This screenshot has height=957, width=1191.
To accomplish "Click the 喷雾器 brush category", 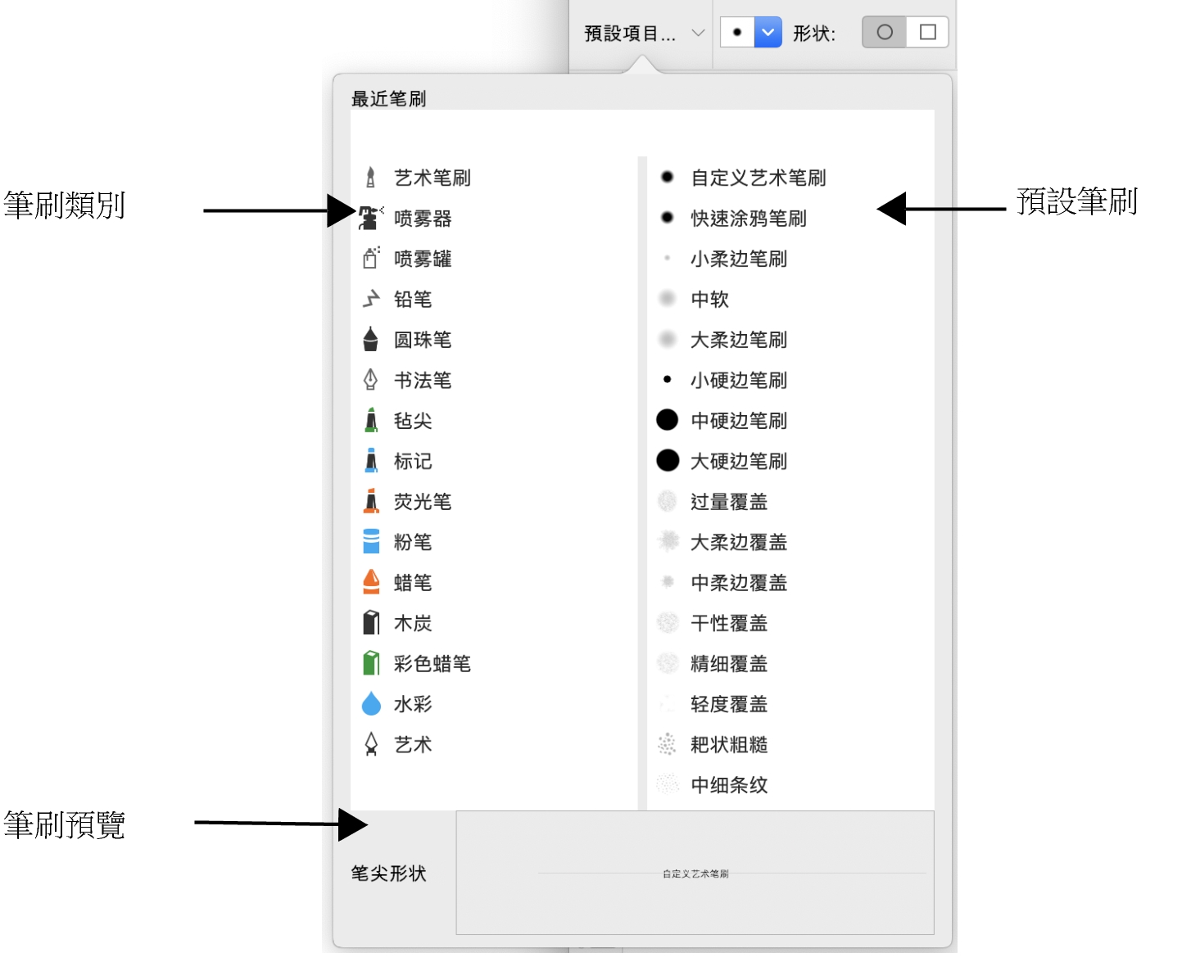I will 422,219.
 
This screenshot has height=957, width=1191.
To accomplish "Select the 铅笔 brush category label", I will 413,300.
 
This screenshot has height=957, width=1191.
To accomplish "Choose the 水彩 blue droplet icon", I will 371,704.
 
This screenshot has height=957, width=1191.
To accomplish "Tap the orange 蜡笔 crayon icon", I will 371,582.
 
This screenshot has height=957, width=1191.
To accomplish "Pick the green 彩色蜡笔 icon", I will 371,663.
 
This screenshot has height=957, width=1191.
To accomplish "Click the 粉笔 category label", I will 413,542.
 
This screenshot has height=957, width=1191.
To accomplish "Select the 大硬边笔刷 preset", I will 738,461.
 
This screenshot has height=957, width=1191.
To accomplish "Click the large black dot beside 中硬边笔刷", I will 668,420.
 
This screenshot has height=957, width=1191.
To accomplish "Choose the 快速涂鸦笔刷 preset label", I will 748,219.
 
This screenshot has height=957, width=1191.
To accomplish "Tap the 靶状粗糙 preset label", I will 728,745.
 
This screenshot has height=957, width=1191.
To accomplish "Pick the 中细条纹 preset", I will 728,785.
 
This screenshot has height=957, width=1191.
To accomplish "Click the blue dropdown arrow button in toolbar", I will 768,33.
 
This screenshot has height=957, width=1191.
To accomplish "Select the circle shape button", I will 885,33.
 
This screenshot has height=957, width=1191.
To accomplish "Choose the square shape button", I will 927,33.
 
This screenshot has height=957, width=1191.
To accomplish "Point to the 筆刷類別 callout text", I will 64,205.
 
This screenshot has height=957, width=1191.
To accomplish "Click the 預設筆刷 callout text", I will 1076,201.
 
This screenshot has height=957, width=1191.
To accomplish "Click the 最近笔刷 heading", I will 388,99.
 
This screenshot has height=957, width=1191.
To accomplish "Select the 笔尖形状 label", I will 388,873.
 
